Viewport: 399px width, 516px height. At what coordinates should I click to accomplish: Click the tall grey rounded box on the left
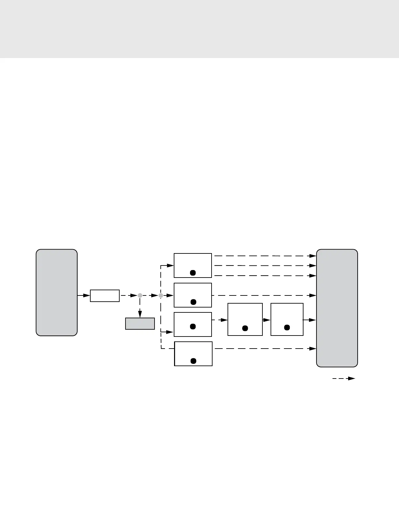pos(56,292)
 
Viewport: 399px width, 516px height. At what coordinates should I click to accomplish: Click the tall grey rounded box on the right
pos(337,308)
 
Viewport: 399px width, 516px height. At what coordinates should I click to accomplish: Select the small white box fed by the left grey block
pos(105,295)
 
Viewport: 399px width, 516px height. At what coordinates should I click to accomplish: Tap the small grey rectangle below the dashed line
pos(140,323)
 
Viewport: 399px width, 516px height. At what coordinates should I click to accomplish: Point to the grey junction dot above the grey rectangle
pos(140,295)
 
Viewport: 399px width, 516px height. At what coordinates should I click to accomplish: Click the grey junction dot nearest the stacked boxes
pos(161,295)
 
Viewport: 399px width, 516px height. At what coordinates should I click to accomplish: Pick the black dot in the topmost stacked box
pos(193,273)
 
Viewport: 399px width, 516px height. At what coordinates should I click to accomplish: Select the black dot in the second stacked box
pos(193,302)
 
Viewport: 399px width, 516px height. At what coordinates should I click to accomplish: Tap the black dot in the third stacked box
pos(193,326)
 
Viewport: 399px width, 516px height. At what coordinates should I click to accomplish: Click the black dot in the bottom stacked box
pos(193,361)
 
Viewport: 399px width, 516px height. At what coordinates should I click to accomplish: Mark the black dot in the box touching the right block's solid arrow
pos(287,327)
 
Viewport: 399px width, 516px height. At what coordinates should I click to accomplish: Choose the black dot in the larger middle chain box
pos(245,328)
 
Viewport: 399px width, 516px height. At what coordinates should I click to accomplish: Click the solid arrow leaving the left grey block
pos(84,295)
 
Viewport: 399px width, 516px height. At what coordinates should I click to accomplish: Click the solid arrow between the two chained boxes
pos(267,320)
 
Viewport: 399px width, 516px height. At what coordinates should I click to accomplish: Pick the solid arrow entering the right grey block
pos(310,320)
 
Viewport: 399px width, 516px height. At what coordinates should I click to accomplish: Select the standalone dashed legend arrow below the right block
pos(344,379)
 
